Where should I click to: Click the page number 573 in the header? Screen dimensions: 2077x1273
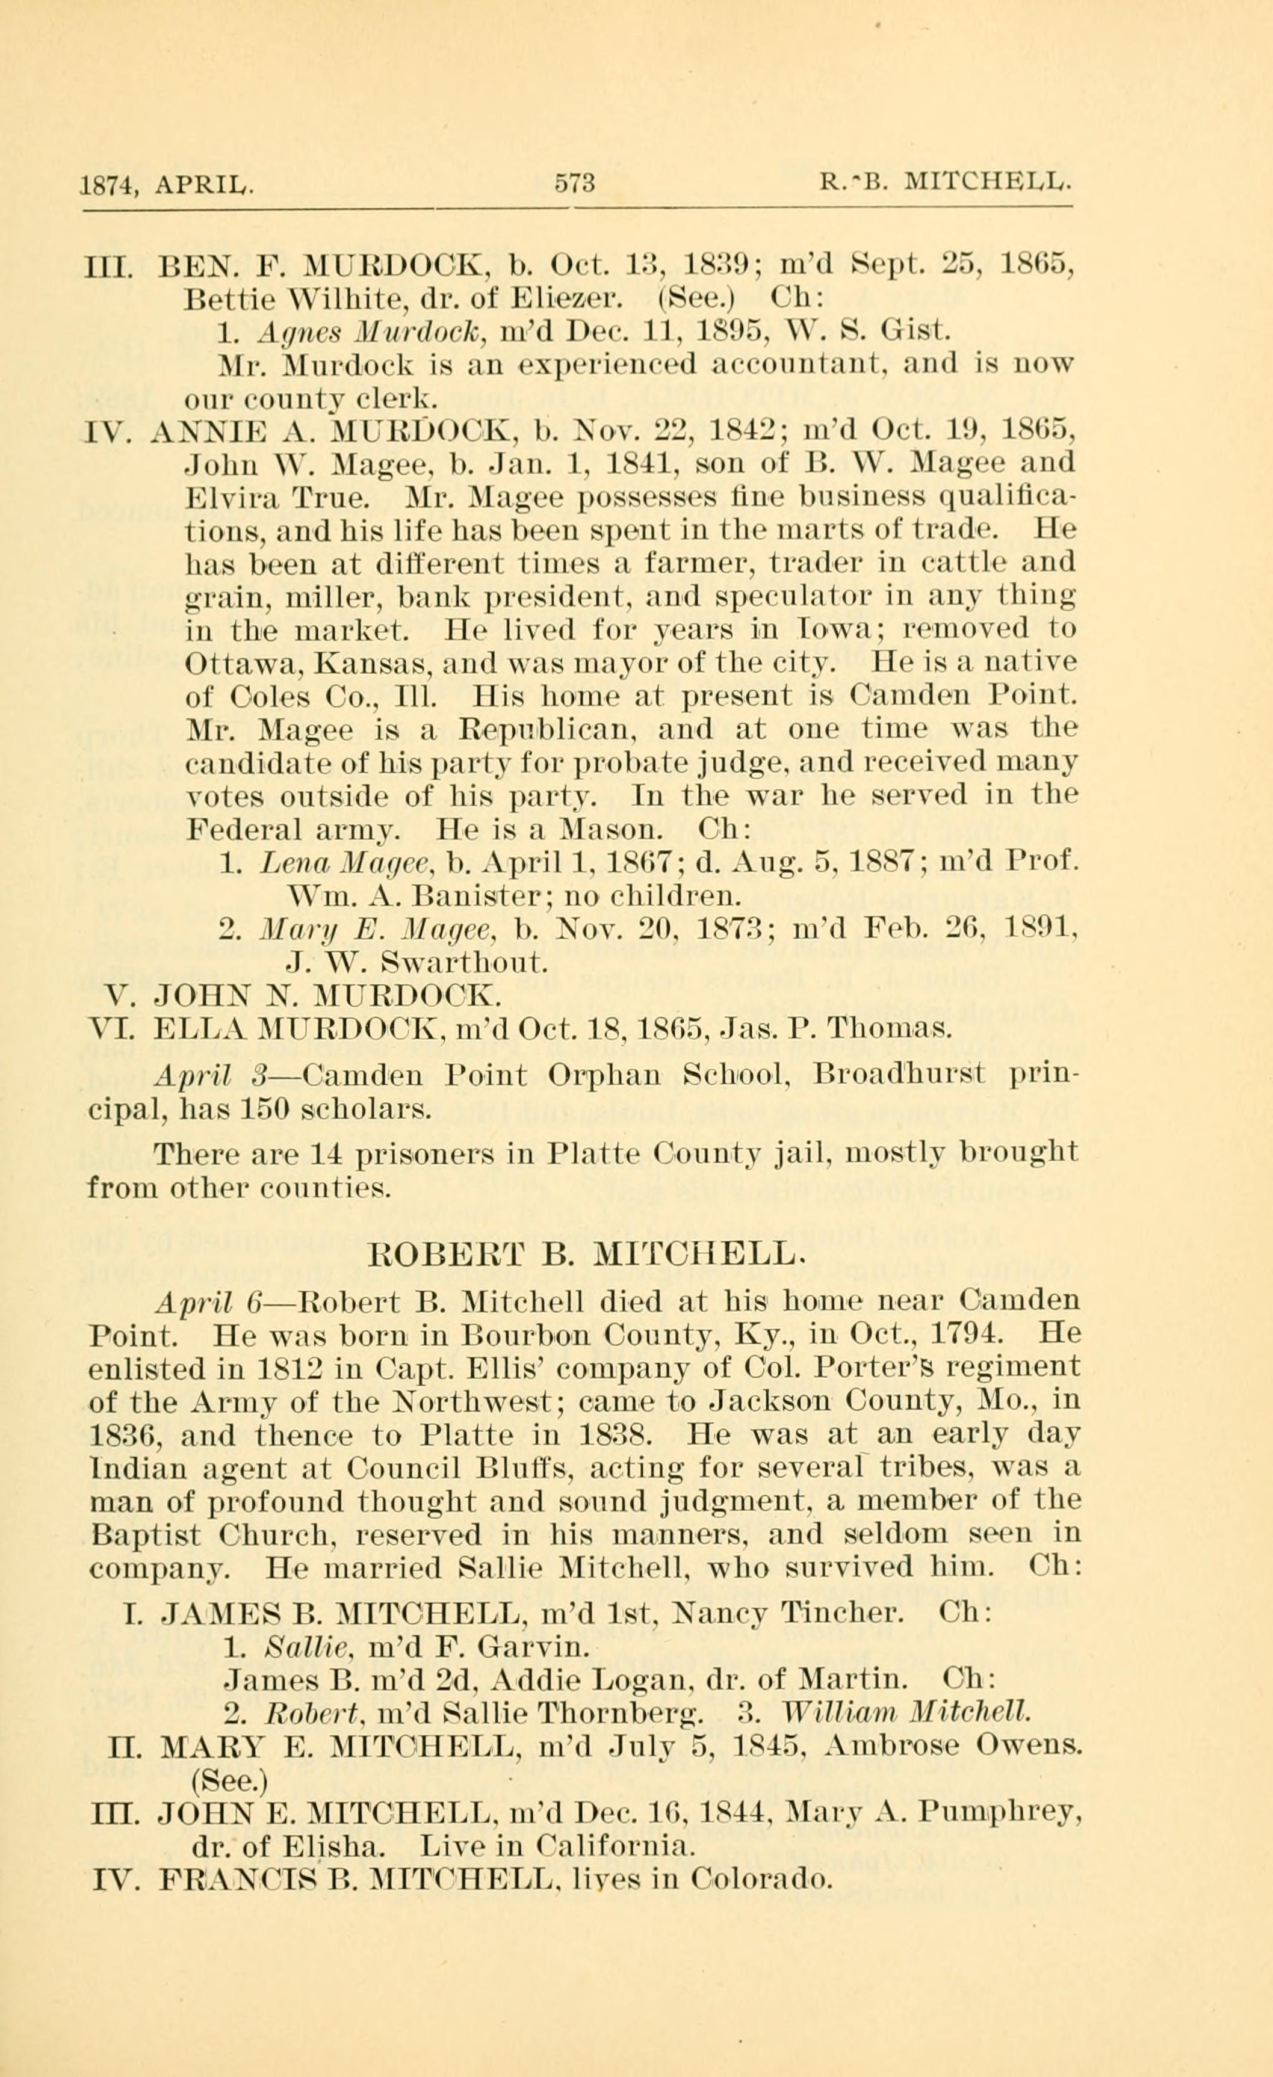tap(574, 183)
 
